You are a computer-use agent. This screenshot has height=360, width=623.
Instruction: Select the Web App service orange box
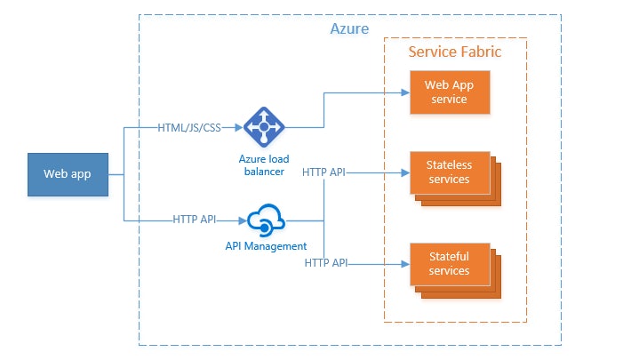[x=449, y=92]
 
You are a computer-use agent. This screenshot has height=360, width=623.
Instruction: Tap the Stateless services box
[x=449, y=172]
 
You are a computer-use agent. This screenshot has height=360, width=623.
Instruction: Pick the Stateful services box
[x=449, y=263]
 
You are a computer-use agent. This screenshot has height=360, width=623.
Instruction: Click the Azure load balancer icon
[x=263, y=126]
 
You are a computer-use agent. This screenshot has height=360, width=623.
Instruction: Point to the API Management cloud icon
[x=265, y=220]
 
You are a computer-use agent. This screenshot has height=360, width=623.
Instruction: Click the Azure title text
[x=349, y=29]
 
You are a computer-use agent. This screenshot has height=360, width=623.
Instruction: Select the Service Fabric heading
[x=454, y=52]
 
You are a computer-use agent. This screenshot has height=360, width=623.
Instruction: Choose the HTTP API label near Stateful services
[x=325, y=263]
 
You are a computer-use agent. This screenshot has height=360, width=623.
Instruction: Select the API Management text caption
[x=266, y=246]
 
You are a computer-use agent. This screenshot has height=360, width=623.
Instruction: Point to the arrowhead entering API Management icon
[x=242, y=220]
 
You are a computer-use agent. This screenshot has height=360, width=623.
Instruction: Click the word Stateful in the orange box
[x=449, y=257]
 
